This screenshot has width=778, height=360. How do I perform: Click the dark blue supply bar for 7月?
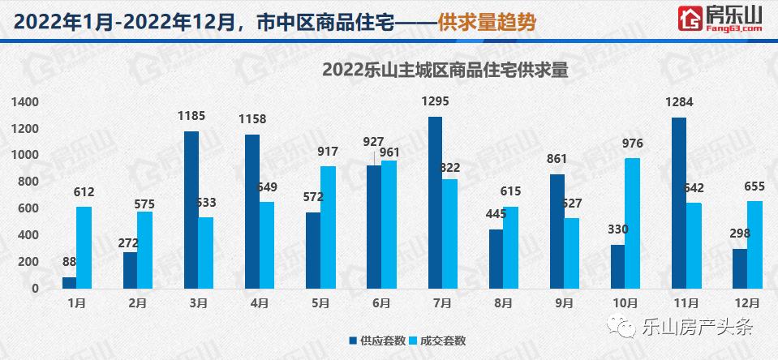point(436,202)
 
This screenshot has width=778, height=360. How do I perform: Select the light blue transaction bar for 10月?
point(633,223)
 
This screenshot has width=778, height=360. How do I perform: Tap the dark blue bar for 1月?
point(70,282)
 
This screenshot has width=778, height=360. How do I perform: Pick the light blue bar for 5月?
point(329,227)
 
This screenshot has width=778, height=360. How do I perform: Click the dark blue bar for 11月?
point(679,203)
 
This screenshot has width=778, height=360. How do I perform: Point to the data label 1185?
point(192,116)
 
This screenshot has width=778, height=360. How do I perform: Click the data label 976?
point(633,144)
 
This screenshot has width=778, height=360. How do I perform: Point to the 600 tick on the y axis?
point(28,208)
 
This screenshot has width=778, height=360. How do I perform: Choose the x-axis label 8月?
point(502,304)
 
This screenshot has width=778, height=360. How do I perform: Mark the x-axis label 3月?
point(199,304)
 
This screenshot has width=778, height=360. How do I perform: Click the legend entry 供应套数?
point(377,341)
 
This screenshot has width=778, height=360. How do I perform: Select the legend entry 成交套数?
point(437,341)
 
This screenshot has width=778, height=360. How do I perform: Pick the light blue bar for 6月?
point(389,224)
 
